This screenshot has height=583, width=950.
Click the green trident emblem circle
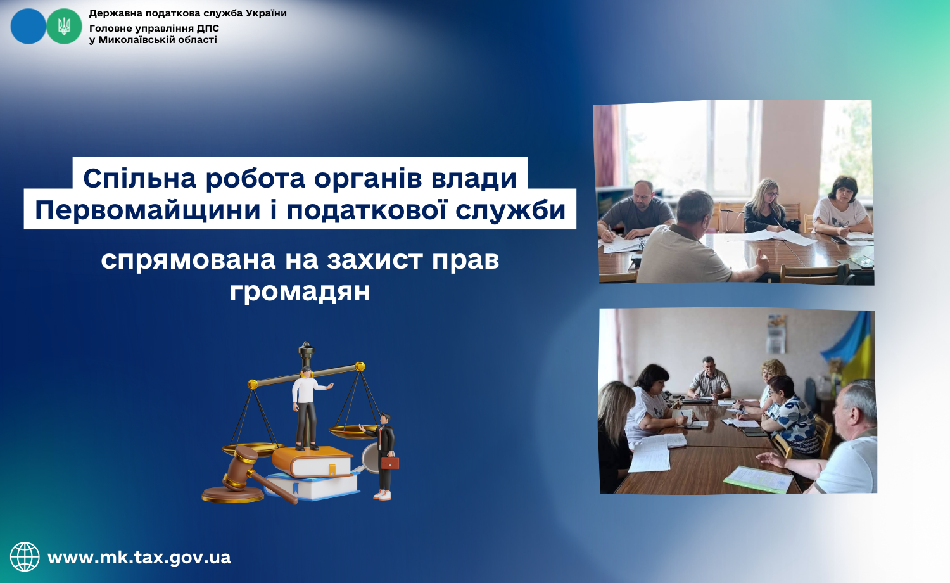(x=64, y=27)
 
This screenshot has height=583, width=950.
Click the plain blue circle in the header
(x=28, y=27)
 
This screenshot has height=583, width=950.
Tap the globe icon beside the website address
(x=25, y=556)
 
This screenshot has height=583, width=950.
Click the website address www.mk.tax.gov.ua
(x=139, y=557)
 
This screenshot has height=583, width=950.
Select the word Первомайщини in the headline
(x=148, y=210)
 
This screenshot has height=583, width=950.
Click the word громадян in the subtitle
(x=300, y=292)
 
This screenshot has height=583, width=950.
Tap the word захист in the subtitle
(x=376, y=260)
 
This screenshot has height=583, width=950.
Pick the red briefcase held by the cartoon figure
(x=389, y=463)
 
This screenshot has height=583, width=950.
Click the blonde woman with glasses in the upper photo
(x=766, y=206)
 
